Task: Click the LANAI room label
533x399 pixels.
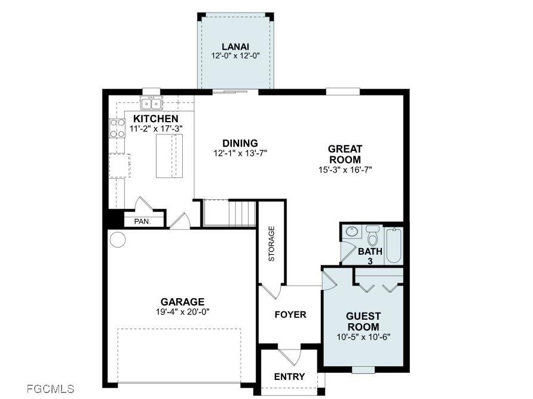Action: [235, 47]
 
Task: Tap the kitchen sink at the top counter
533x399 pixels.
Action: [151, 104]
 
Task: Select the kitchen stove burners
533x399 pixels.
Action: [117, 129]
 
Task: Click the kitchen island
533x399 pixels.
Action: [169, 156]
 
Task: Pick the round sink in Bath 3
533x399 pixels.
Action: [352, 231]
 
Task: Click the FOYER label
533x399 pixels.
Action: [290, 314]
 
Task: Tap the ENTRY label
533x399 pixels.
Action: [289, 376]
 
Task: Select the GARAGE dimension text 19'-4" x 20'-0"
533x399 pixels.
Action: [182, 311]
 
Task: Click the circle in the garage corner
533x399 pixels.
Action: [118, 240]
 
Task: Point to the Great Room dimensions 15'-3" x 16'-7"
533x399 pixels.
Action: [346, 169]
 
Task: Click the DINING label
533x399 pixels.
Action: [240, 143]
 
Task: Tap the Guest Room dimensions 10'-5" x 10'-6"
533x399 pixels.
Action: [364, 336]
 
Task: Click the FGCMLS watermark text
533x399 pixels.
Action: [51, 389]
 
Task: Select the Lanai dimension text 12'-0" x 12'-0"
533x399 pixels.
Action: [235, 56]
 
